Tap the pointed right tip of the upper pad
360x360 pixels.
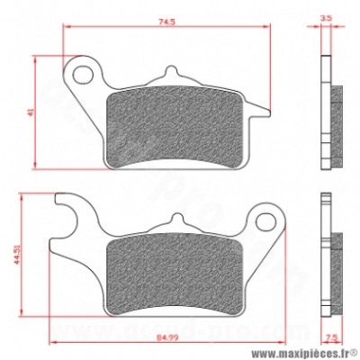click(x=264, y=112)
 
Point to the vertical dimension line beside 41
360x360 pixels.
click(x=36, y=111)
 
